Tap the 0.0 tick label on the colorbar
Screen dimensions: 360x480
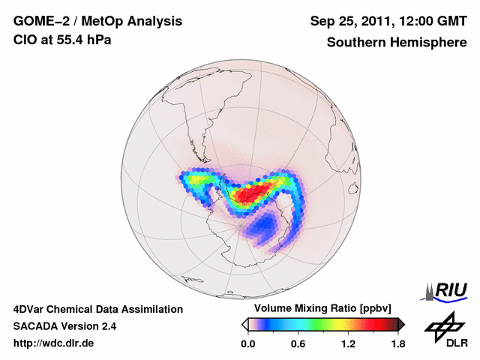point(247,344)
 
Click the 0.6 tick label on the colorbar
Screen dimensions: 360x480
point(298,344)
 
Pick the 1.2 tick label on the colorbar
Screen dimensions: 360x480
point(348,344)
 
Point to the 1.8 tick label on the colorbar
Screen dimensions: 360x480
point(397,344)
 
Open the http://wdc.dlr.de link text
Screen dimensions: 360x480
point(54,343)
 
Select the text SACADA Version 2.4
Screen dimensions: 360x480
point(64,326)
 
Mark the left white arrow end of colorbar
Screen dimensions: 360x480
point(244,324)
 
